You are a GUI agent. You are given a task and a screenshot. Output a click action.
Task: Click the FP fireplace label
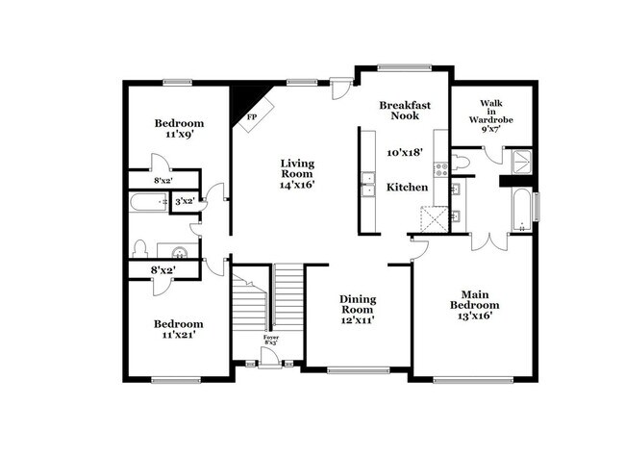tap(252, 116)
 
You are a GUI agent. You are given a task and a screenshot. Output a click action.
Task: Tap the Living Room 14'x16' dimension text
tap(297, 185)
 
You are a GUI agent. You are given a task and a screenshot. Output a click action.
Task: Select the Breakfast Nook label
tap(405, 111)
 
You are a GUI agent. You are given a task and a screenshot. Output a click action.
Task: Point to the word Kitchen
tap(408, 187)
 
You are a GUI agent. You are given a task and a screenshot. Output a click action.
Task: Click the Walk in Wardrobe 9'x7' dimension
tap(491, 129)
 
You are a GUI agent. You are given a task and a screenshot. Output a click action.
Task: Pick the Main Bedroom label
tap(475, 300)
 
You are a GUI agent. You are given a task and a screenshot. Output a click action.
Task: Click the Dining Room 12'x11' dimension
tap(358, 319)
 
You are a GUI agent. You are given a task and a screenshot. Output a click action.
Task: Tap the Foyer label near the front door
tap(271, 338)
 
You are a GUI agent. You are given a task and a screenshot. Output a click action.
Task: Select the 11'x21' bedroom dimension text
tap(179, 335)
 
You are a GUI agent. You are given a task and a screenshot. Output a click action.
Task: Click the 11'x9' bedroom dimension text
tap(180, 134)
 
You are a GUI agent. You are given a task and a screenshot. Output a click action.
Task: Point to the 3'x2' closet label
tap(185, 201)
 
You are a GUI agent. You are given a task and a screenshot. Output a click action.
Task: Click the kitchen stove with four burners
tap(440, 169)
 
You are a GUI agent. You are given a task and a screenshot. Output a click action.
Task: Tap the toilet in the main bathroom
tap(460, 163)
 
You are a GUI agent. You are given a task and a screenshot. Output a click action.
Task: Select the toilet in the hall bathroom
tap(139, 249)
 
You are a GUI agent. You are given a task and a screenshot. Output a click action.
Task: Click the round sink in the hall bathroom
tap(180, 252)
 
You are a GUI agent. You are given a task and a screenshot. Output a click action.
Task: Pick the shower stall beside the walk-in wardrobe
tap(522, 162)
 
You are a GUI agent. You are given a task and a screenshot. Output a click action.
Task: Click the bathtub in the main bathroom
tap(521, 210)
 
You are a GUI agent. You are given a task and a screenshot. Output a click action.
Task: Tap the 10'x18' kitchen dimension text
tap(405, 152)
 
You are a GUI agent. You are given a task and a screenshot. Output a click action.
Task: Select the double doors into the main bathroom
tap(489, 242)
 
